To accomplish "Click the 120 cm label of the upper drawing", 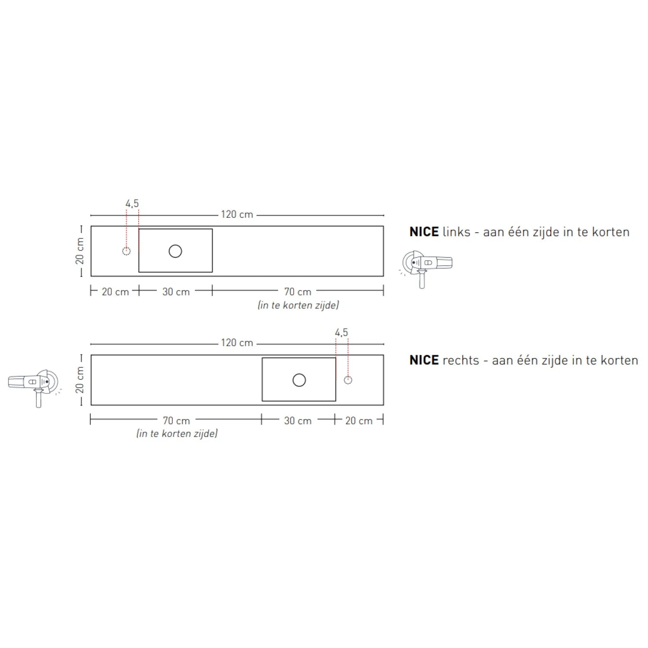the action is tap(237, 214).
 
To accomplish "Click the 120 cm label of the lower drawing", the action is tap(237, 343).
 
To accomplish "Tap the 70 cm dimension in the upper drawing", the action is tap(298, 292).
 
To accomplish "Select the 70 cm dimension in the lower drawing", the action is tap(176, 420).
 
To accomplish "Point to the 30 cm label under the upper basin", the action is tap(176, 292).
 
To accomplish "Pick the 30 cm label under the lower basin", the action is tap(298, 420).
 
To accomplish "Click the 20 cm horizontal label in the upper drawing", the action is tap(115, 292).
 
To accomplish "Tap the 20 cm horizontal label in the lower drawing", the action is tap(359, 420).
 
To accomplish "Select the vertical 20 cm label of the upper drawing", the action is tap(80, 251).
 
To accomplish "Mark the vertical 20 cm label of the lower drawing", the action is tap(80, 380).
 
